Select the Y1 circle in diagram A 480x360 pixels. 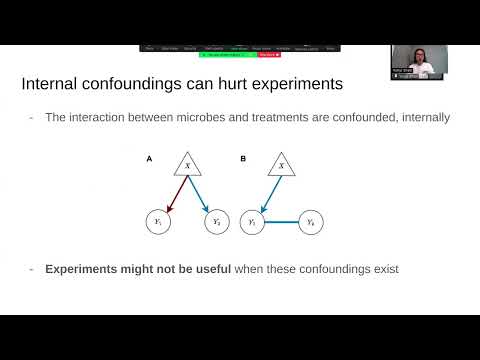[x=159, y=221]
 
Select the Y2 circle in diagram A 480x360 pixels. [x=217, y=221]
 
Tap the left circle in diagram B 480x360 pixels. [x=253, y=221]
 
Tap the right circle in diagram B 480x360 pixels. [x=311, y=221]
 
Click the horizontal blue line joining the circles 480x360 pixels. [x=282, y=221]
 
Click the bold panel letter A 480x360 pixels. [x=150, y=158]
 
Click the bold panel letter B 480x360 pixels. [x=243, y=158]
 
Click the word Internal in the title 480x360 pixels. [x=51, y=84]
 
